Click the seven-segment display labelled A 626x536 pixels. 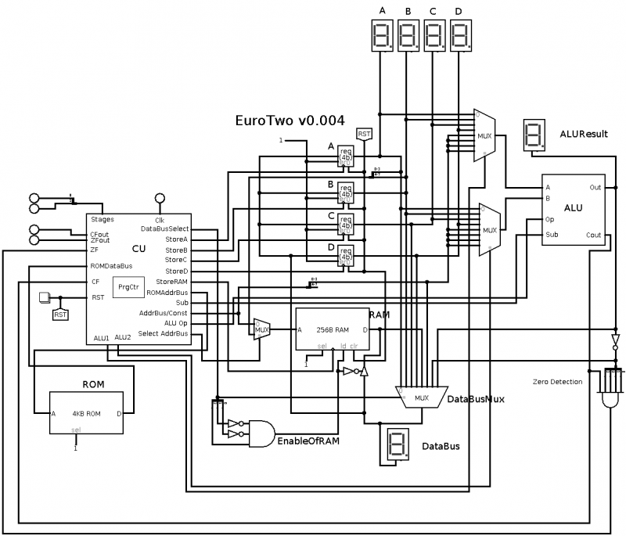point(383,35)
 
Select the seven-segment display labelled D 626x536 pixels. point(460,35)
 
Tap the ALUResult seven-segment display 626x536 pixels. point(534,135)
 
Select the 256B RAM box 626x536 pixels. point(333,330)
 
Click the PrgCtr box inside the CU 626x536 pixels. point(128,288)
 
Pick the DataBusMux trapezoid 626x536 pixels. point(423,397)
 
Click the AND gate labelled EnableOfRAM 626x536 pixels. point(260,430)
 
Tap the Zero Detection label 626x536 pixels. point(557,381)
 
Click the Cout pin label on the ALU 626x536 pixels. point(594,235)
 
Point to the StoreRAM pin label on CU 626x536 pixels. point(171,281)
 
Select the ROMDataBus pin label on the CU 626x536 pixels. point(112,266)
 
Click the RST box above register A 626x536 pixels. point(365,135)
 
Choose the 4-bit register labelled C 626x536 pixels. point(345,223)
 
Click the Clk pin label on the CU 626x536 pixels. point(159,220)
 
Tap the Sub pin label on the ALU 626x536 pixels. point(552,235)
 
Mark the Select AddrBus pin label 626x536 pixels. point(163,334)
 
